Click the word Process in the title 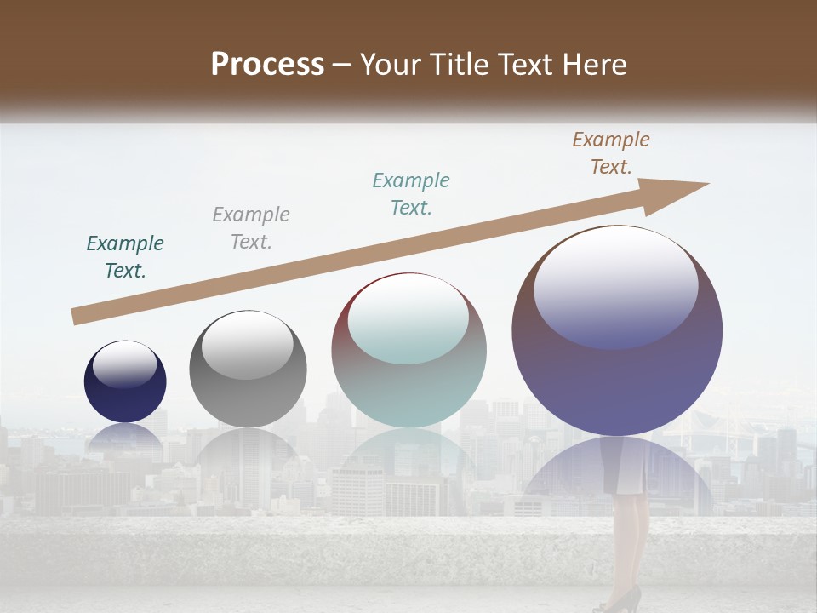(x=267, y=65)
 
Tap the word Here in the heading (x=595, y=65)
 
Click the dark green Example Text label (x=125, y=257)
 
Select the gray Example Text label (x=251, y=228)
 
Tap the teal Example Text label (x=411, y=194)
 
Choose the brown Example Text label (x=611, y=153)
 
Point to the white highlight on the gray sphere (x=247, y=345)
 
